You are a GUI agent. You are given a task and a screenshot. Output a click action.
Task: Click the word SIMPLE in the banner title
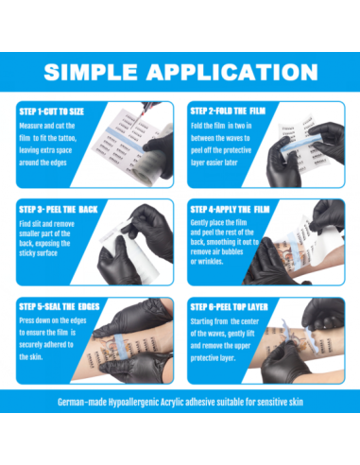click(x=91, y=72)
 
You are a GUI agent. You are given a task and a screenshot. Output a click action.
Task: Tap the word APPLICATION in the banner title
click(x=232, y=72)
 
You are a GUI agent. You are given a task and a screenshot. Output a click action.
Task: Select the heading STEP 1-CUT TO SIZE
click(x=52, y=112)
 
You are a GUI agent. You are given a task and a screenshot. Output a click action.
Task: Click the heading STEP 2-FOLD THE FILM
click(x=228, y=111)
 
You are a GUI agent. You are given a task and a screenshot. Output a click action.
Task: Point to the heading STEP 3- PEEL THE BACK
click(x=59, y=210)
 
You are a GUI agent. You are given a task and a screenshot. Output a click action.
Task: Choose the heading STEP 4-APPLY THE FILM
click(x=230, y=210)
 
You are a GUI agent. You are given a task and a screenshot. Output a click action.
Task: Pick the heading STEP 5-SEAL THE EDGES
click(x=60, y=306)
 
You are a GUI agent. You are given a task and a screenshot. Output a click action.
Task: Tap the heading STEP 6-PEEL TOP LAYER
click(x=229, y=307)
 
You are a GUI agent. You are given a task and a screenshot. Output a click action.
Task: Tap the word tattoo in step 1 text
click(x=67, y=138)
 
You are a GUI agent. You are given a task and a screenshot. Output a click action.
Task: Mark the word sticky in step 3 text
click(x=27, y=253)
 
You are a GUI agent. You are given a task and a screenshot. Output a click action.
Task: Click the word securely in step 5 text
click(x=30, y=345)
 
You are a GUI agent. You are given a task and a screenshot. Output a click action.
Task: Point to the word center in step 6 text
click(x=249, y=321)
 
